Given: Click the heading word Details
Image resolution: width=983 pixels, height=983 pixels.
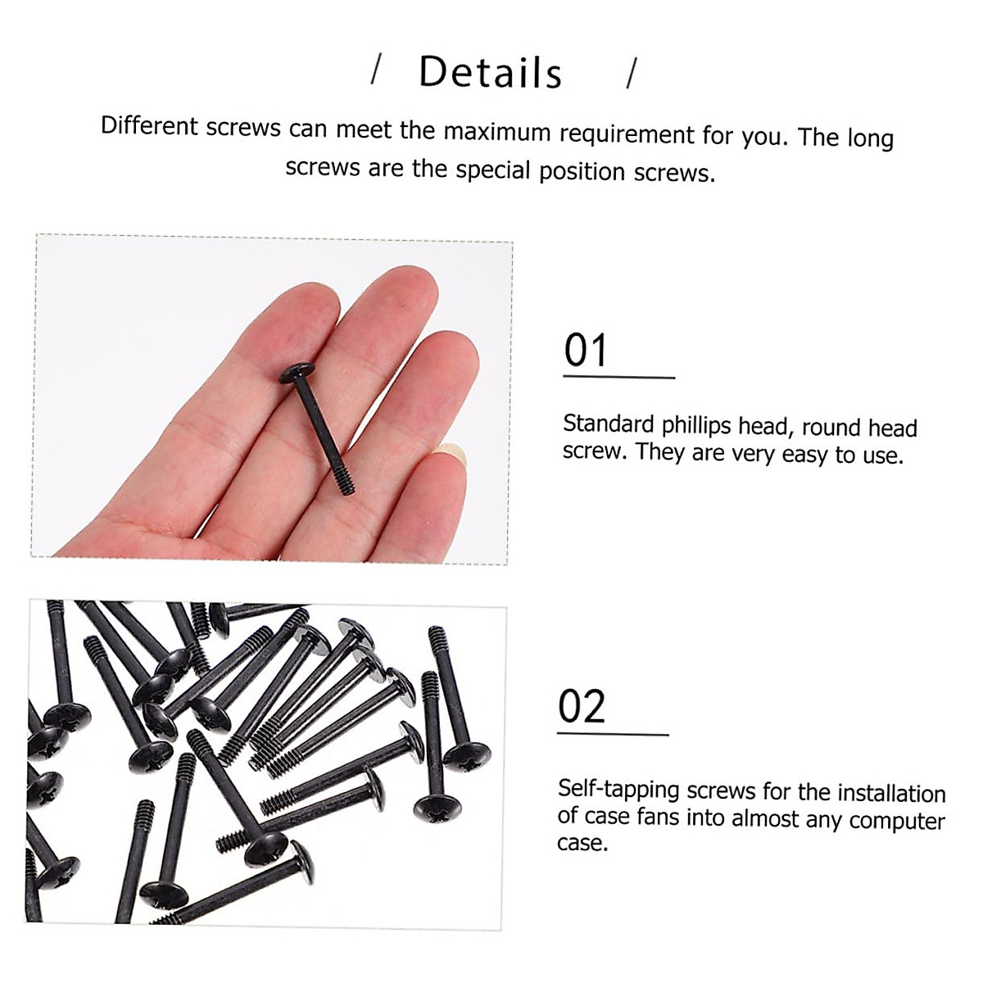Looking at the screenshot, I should pyautogui.click(x=490, y=72).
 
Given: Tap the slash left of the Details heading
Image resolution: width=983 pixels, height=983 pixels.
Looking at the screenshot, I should pyautogui.click(x=377, y=70).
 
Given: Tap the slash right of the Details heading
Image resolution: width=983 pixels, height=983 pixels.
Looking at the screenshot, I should pyautogui.click(x=631, y=74).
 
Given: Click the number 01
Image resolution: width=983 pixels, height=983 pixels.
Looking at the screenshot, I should pyautogui.click(x=586, y=351).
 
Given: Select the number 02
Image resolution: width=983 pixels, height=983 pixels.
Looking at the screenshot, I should pyautogui.click(x=582, y=706).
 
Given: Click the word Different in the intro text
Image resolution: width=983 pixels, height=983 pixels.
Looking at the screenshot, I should pyautogui.click(x=149, y=126).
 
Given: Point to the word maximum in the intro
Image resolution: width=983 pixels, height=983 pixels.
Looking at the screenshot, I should pyautogui.click(x=497, y=131).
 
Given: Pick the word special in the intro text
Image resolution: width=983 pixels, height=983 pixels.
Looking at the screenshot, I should pyautogui.click(x=493, y=170).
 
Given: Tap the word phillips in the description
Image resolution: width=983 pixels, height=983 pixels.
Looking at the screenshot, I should pyautogui.click(x=695, y=425).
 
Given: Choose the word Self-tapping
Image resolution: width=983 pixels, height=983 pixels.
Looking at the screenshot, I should pyautogui.click(x=618, y=789).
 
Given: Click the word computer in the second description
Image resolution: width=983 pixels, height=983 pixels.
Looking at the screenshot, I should pyautogui.click(x=897, y=820).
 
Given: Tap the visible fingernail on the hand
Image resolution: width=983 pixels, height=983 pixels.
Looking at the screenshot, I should pyautogui.click(x=451, y=451).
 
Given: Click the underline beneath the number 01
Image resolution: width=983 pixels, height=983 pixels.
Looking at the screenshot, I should pyautogui.click(x=618, y=378).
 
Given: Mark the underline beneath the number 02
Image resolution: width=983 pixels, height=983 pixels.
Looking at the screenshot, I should pyautogui.click(x=613, y=734).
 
